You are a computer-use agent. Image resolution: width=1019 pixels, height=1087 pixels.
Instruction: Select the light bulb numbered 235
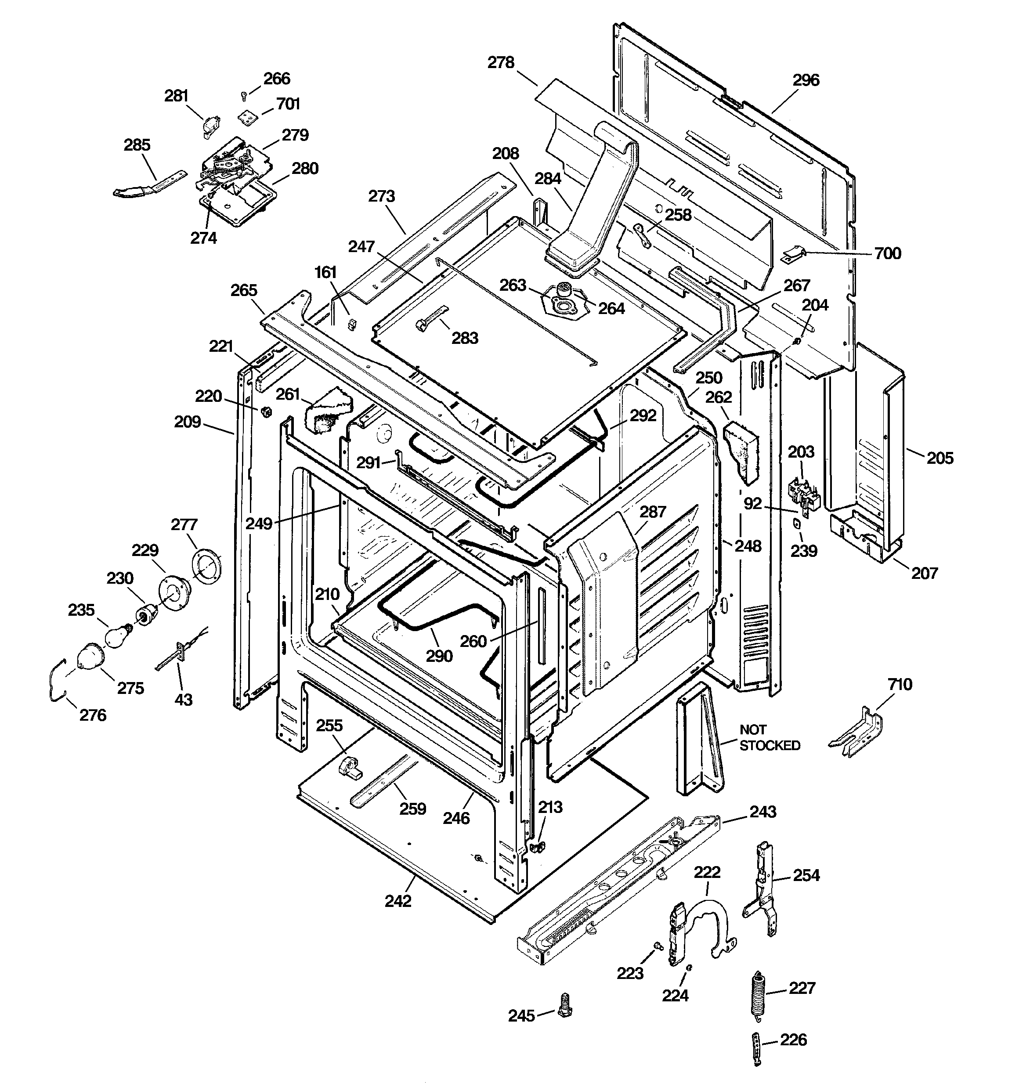116,636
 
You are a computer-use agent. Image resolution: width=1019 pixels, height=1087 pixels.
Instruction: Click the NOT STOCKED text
769,737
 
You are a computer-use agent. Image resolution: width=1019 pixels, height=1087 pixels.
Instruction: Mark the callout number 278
501,63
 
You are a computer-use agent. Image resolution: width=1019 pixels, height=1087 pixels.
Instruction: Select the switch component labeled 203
800,493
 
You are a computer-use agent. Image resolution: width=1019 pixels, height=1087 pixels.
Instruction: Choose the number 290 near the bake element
439,656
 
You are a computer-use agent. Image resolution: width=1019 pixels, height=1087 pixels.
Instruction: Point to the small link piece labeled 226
756,1049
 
